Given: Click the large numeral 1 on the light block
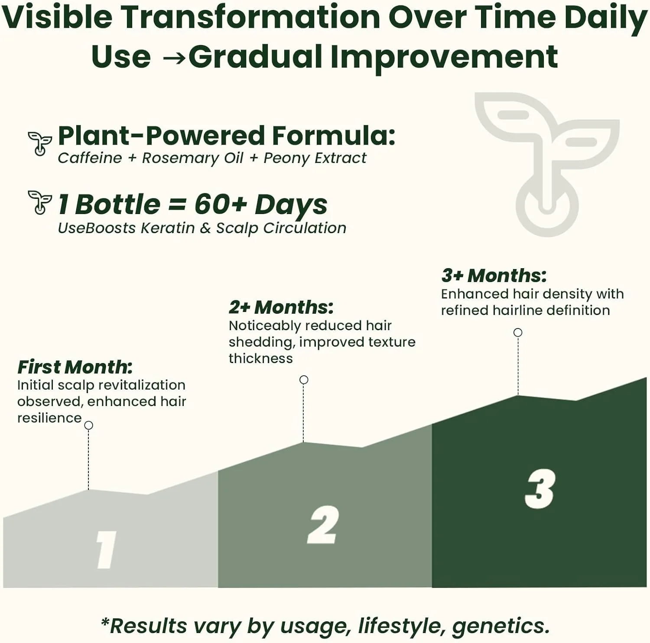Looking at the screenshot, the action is (106, 549).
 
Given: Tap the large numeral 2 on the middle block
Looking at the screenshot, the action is (323, 525).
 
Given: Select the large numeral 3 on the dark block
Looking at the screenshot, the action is (540, 489).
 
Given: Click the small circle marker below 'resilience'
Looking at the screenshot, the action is (89, 425).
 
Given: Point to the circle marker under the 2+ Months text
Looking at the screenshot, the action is (304, 380).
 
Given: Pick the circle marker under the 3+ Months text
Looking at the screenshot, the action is (518, 333).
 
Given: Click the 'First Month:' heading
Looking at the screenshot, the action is (75, 367).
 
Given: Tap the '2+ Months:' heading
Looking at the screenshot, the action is (281, 307).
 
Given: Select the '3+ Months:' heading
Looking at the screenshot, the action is (494, 276).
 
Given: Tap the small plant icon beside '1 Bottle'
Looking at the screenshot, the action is (40, 202).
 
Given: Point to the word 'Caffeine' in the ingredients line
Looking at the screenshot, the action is (90, 158).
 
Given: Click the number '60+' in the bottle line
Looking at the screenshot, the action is (221, 204).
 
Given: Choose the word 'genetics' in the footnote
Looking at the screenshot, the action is (501, 627).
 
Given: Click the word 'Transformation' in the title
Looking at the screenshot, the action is (250, 17).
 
